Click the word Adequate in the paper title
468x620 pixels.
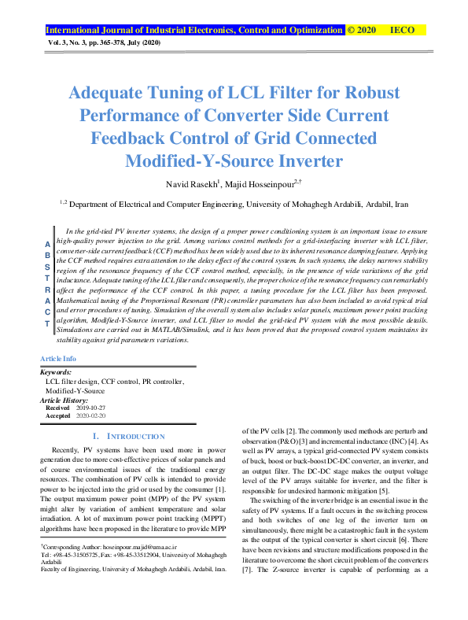pyautogui.click(x=116, y=93)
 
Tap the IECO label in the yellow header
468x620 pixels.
pyautogui.click(x=402, y=30)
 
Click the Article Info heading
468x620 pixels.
pyautogui.click(x=58, y=358)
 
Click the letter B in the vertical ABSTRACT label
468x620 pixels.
pyautogui.click(x=46, y=256)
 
